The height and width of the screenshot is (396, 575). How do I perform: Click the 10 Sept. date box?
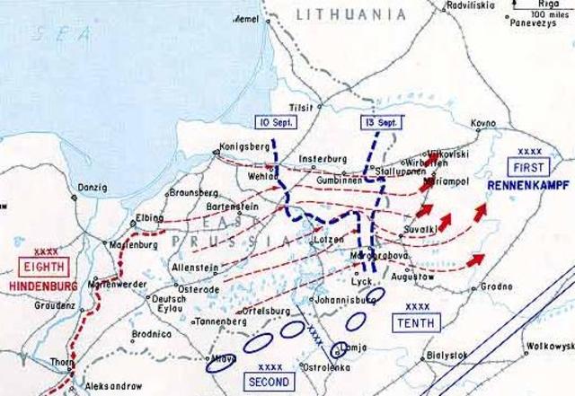(272, 122)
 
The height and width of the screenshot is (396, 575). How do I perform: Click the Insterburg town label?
(323, 153)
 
